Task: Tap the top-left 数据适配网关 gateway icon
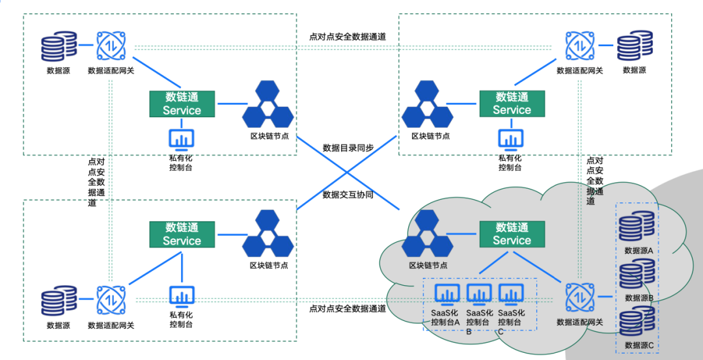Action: pos(111,47)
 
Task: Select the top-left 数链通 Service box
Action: pos(182,104)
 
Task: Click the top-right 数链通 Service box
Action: pos(512,104)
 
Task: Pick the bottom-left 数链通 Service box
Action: pos(182,234)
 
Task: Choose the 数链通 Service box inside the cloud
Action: pos(512,234)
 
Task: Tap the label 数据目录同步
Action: pos(348,148)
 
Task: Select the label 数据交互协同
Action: pos(348,195)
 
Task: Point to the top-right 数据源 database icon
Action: pos(635,48)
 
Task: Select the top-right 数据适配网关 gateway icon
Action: pos(579,47)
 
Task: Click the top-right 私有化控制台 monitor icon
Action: pos(510,139)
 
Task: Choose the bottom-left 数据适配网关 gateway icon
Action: pos(111,301)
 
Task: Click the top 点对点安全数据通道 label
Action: pos(348,36)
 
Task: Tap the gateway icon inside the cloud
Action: pos(579,297)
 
